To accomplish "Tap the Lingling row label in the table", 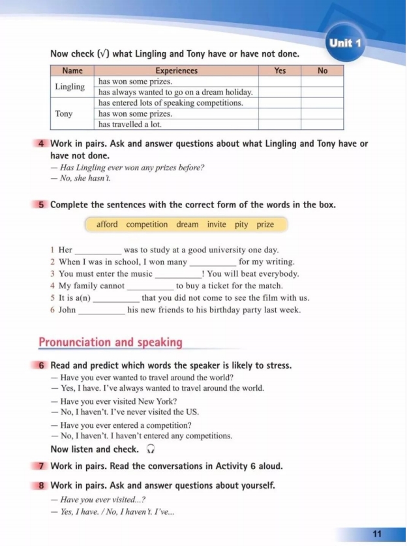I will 70,87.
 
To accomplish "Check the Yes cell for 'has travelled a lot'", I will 279,124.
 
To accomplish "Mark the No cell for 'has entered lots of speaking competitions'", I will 322,103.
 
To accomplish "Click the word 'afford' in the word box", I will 107,224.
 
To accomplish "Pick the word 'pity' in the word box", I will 241,224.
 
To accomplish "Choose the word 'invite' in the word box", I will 217,224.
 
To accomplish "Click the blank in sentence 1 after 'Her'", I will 98,250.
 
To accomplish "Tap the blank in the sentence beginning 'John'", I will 102,311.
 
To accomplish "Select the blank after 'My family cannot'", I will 151,286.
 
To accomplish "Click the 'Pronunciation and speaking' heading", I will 110,342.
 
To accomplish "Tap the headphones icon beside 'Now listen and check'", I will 151,449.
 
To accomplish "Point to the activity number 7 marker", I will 42,467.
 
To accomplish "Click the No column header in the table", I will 322,70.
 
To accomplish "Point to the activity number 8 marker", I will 42,485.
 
